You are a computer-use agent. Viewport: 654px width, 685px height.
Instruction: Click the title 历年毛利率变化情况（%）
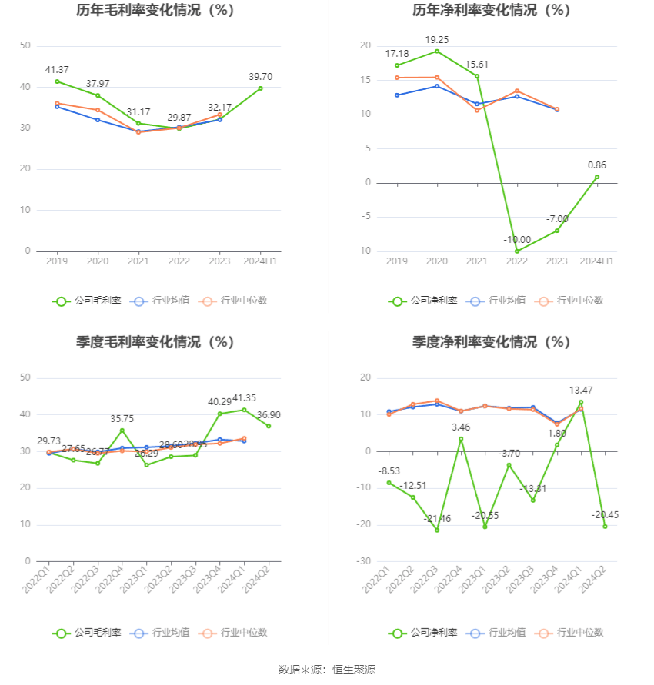155,11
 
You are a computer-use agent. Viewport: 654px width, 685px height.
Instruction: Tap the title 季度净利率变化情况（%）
491,342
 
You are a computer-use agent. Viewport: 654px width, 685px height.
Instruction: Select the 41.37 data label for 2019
57,70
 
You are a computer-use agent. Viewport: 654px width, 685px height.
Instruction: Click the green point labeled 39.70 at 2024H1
261,88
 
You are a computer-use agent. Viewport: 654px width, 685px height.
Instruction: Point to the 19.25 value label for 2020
437,39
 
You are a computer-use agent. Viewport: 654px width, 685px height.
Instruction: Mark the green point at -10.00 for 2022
517,251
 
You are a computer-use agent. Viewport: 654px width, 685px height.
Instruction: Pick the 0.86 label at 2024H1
597,165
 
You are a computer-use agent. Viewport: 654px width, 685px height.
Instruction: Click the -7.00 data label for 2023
557,219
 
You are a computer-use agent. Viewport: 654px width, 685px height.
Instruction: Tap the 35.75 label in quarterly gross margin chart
122,419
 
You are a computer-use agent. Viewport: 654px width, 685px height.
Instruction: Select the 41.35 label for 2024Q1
244,397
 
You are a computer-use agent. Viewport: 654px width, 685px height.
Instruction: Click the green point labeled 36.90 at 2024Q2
269,426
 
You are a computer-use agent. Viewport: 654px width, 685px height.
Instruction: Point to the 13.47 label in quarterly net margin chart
581,391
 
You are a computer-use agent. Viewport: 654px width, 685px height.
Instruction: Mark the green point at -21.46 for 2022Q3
437,530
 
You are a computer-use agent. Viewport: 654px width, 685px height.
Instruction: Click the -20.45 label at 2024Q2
605,515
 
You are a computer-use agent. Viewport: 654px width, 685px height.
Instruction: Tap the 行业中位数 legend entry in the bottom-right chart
570,633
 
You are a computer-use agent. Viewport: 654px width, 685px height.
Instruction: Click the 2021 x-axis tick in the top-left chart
138,261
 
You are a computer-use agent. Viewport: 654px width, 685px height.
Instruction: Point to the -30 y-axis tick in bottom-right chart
365,561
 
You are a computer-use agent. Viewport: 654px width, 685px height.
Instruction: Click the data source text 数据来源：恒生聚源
327,670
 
